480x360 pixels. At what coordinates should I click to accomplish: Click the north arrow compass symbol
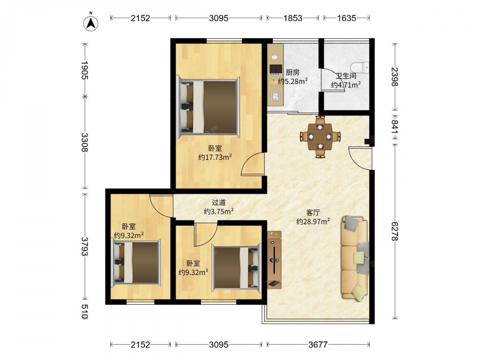point(91,23)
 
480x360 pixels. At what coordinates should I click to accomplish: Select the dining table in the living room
point(320,136)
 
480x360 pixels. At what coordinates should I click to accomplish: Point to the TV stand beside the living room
point(274,260)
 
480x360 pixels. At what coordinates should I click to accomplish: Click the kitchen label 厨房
point(292,72)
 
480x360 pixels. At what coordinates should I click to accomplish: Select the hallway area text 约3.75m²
point(219,212)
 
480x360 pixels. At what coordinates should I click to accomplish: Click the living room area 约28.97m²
point(313,221)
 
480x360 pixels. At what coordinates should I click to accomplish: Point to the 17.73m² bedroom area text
point(215,157)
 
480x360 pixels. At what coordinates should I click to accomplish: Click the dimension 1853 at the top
point(293,18)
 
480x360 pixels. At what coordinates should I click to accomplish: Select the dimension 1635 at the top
point(347,18)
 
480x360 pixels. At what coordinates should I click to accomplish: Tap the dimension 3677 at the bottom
point(318,345)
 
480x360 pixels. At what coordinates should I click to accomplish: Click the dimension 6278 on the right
point(395,231)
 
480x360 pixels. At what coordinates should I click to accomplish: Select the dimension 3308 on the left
point(85,143)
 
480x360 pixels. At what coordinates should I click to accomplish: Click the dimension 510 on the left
point(85,312)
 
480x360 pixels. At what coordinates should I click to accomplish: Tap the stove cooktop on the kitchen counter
point(276,69)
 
